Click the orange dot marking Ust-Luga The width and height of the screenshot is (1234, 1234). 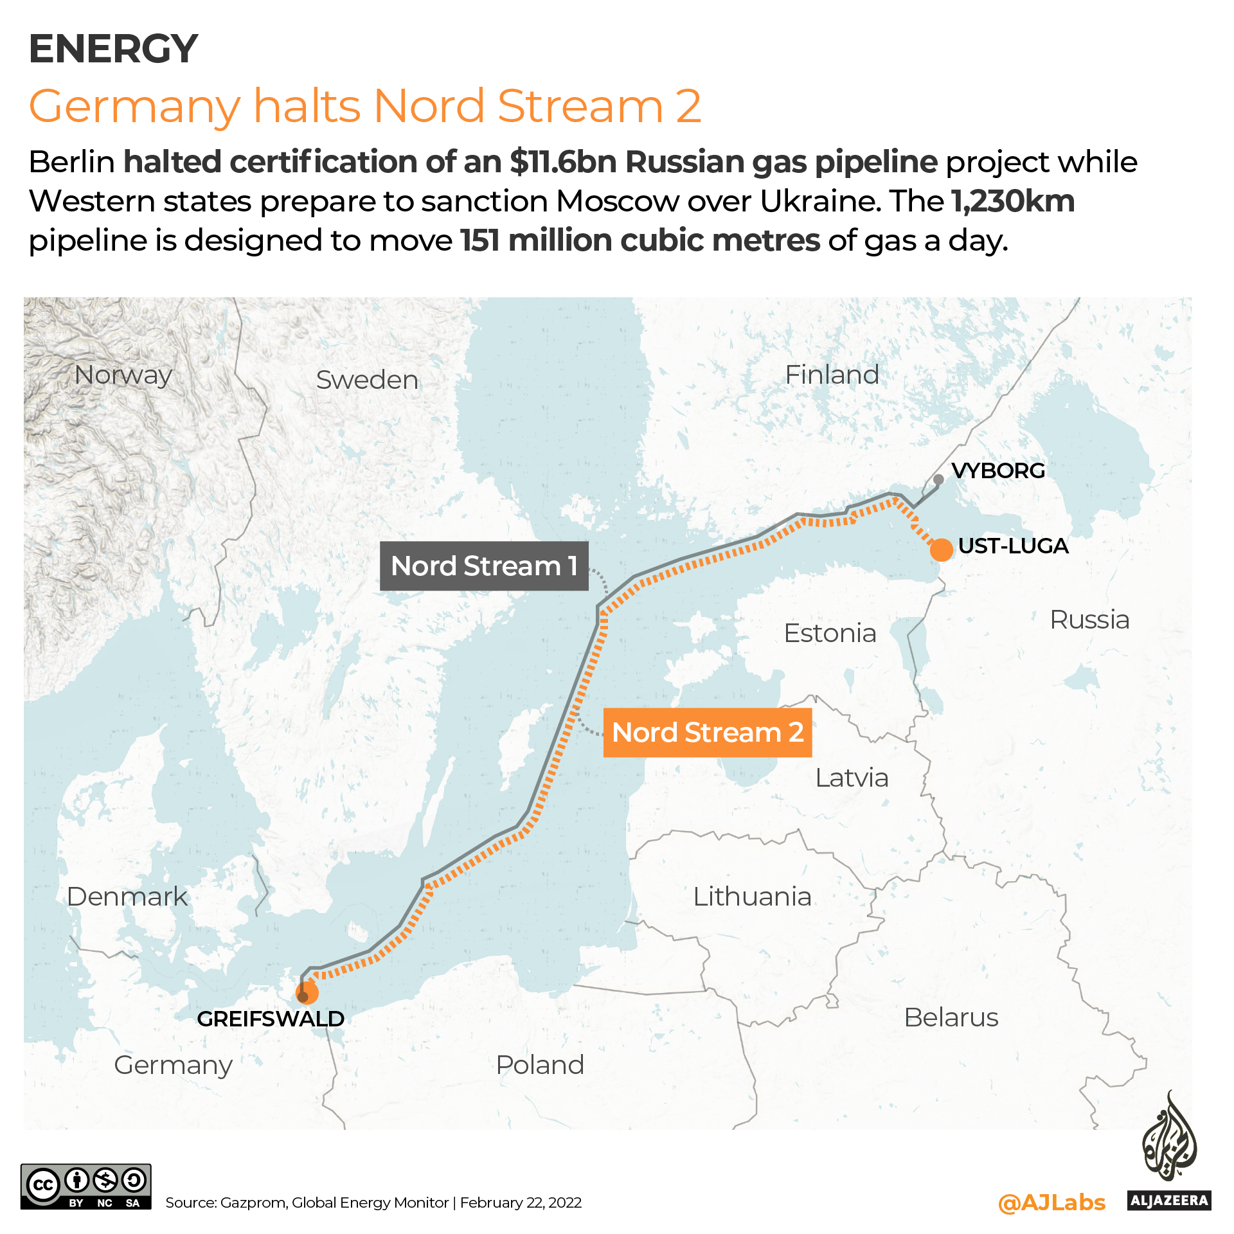pos(941,550)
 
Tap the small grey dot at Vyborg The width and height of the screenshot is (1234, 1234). pos(938,479)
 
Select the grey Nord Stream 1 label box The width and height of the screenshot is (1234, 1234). pos(484,566)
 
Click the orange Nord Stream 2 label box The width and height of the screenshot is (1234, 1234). pos(708,733)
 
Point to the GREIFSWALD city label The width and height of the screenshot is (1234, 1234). pos(271,1019)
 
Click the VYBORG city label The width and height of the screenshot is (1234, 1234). pos(998,470)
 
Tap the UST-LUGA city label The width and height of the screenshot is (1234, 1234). pos(1013,546)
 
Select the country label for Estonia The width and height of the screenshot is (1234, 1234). pos(830,633)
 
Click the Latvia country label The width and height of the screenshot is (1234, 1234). pos(852,778)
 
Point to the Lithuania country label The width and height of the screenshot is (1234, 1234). pos(752,897)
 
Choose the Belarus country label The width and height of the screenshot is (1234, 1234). pos(951,1017)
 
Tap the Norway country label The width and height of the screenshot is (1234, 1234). pos(123,375)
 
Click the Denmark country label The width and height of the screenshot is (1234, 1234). pos(127,897)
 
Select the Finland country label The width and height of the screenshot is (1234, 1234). pos(832,375)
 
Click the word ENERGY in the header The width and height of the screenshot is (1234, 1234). pos(113,49)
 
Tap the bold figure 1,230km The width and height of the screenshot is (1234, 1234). pos(1013,201)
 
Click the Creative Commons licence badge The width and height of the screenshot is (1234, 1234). pos(86,1186)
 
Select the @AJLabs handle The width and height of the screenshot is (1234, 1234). pos(1051,1203)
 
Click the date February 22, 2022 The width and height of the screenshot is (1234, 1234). pos(521,1203)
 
